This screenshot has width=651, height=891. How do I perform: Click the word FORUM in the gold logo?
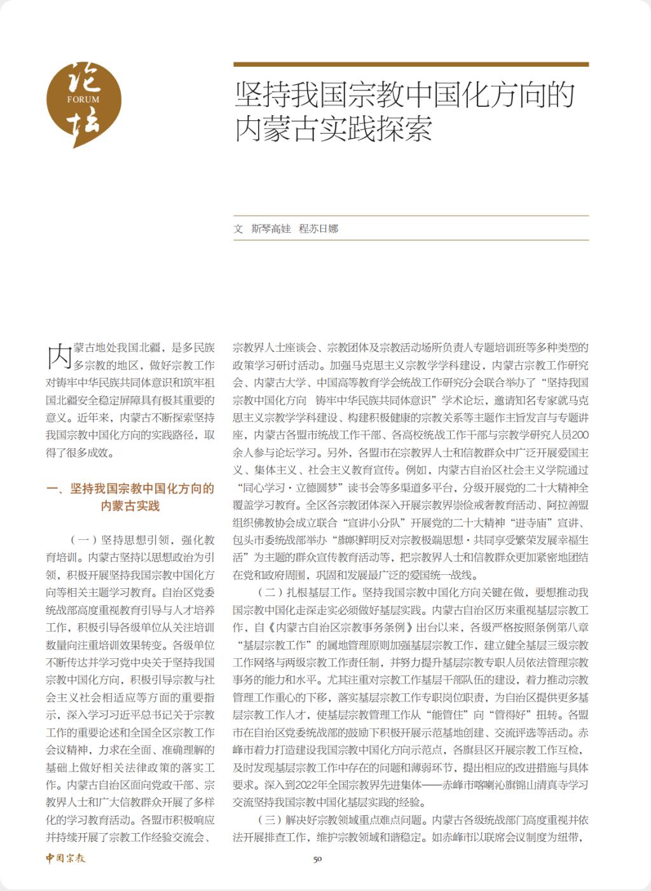[x=83, y=100]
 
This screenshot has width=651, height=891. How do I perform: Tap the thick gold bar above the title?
[x=411, y=64]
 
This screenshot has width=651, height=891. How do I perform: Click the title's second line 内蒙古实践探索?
[x=334, y=128]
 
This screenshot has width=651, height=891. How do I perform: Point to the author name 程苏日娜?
[x=319, y=229]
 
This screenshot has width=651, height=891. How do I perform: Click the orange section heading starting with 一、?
[x=130, y=497]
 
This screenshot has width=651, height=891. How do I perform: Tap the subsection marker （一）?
[x=84, y=541]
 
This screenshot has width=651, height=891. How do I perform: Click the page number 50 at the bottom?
[x=318, y=859]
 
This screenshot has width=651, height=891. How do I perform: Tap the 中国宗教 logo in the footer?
[x=65, y=858]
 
